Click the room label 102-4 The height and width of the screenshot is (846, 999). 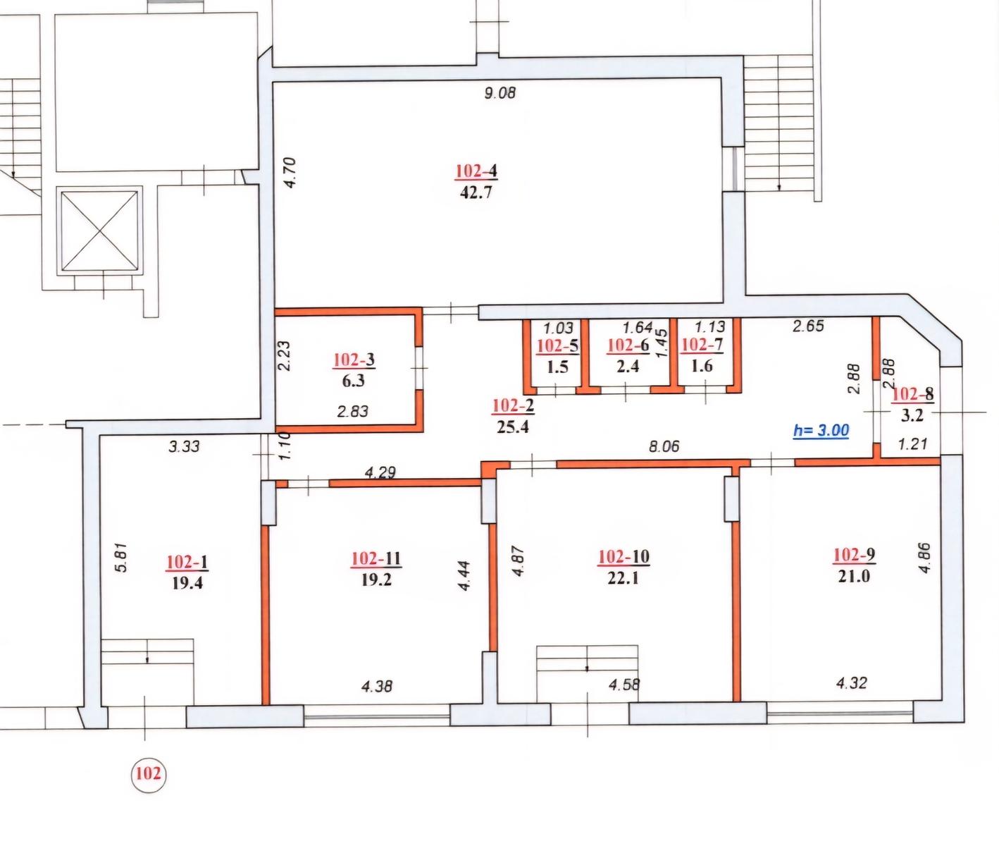pyautogui.click(x=476, y=171)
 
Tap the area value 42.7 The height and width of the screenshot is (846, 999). pyautogui.click(x=476, y=192)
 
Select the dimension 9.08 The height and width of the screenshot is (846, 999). pyautogui.click(x=500, y=92)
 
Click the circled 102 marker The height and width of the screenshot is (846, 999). pyautogui.click(x=149, y=773)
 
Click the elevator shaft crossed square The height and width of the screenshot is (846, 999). pyautogui.click(x=100, y=231)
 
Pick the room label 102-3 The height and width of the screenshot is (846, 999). pyautogui.click(x=354, y=360)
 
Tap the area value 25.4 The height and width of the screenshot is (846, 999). pyautogui.click(x=513, y=427)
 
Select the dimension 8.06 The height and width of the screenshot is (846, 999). pyautogui.click(x=664, y=446)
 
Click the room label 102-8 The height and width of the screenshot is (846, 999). pyautogui.click(x=912, y=394)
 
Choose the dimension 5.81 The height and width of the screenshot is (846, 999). pyautogui.click(x=122, y=557)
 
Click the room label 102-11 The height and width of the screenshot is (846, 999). pyautogui.click(x=376, y=558)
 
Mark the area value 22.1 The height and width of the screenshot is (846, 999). pyautogui.click(x=623, y=579)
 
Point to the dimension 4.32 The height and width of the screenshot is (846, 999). pyautogui.click(x=852, y=683)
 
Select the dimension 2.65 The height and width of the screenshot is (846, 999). pyautogui.click(x=808, y=326)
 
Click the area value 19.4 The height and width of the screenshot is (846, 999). pyautogui.click(x=187, y=584)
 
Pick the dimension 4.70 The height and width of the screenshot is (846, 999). pyautogui.click(x=290, y=172)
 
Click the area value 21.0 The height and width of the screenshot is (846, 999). pyautogui.click(x=854, y=576)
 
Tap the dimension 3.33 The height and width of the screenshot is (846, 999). pyautogui.click(x=184, y=446)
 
